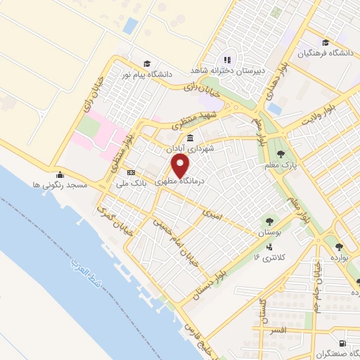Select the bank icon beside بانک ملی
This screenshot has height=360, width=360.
click(131, 172)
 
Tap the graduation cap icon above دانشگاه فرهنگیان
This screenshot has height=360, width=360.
click(325, 42)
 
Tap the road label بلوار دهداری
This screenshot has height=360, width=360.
click(274, 82)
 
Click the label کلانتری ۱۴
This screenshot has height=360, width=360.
click(267, 258)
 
